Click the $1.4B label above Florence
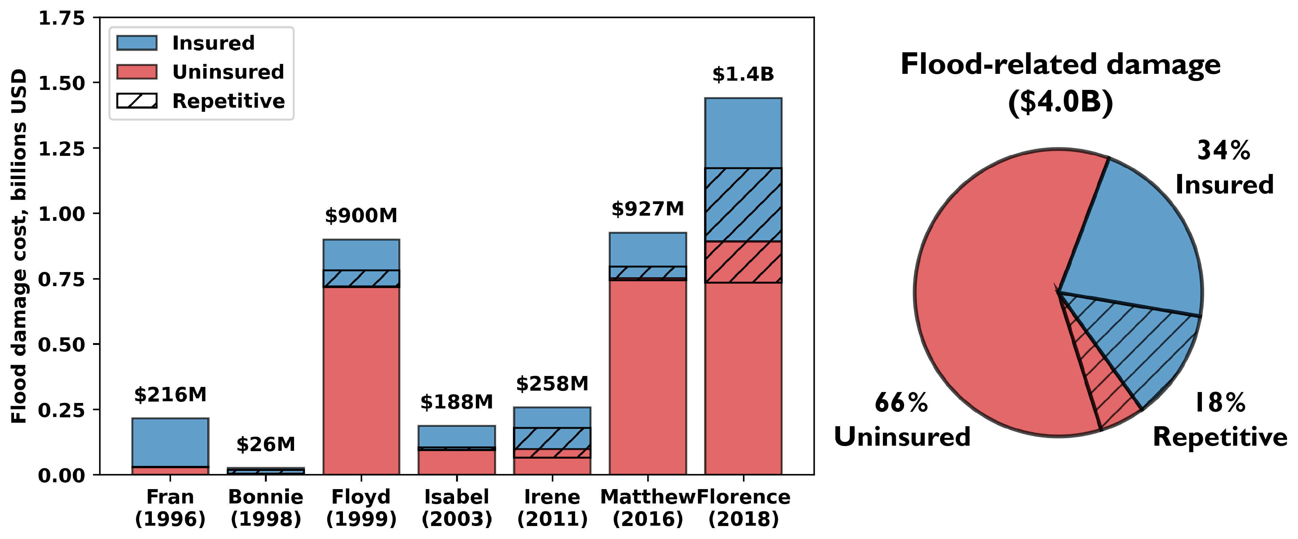pos(743,74)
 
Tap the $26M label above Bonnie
pos(266,444)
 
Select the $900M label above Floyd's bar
pos(361,216)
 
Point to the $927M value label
pos(648,208)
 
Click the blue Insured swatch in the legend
pos(136,43)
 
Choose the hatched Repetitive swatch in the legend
pos(136,101)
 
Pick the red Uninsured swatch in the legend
pos(136,71)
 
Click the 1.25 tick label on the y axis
pos(62,149)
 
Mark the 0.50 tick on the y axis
pos(62,345)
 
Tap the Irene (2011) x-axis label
pos(552,508)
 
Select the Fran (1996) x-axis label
pos(170,508)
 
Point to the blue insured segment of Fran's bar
pos(170,442)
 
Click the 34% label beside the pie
pos(1223,150)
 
